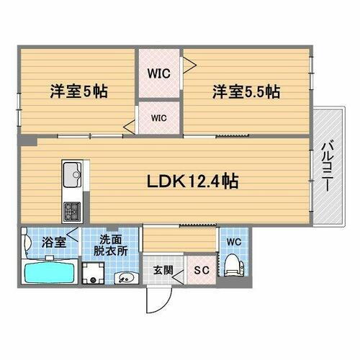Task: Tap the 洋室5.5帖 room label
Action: [246, 92]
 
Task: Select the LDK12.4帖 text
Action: [193, 181]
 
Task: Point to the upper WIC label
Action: [159, 73]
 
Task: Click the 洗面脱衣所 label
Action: [113, 245]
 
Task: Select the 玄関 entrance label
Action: [163, 271]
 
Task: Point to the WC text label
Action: [234, 241]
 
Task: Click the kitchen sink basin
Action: [73, 174]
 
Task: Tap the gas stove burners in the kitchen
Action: [73, 211]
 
